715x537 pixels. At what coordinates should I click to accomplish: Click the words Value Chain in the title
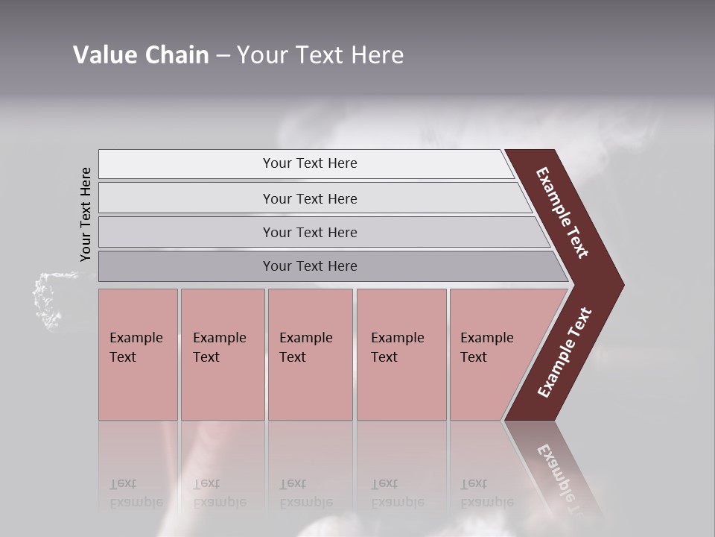pyautogui.click(x=141, y=54)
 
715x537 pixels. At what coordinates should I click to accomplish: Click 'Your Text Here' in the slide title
pyautogui.click(x=320, y=54)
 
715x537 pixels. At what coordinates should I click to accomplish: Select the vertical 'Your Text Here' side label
pyautogui.click(x=86, y=214)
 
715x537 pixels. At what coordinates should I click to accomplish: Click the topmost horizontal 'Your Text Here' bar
pyautogui.click(x=309, y=163)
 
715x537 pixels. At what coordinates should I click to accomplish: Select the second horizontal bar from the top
pyautogui.click(x=309, y=198)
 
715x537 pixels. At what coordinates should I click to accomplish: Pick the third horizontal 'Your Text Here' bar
pyautogui.click(x=309, y=232)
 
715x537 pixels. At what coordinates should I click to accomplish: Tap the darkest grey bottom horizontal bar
pyautogui.click(x=309, y=266)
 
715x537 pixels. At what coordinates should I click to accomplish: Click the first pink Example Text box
pyautogui.click(x=138, y=354)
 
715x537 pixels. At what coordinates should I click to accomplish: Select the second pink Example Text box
pyautogui.click(x=223, y=354)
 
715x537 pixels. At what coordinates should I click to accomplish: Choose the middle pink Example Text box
pyautogui.click(x=310, y=354)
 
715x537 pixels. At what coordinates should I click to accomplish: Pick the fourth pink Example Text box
pyautogui.click(x=401, y=354)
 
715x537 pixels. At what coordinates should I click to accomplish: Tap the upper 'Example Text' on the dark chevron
pyautogui.click(x=562, y=213)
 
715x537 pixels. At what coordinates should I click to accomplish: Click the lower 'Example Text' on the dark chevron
pyautogui.click(x=565, y=352)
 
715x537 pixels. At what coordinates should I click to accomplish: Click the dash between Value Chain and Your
pyautogui.click(x=223, y=56)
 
